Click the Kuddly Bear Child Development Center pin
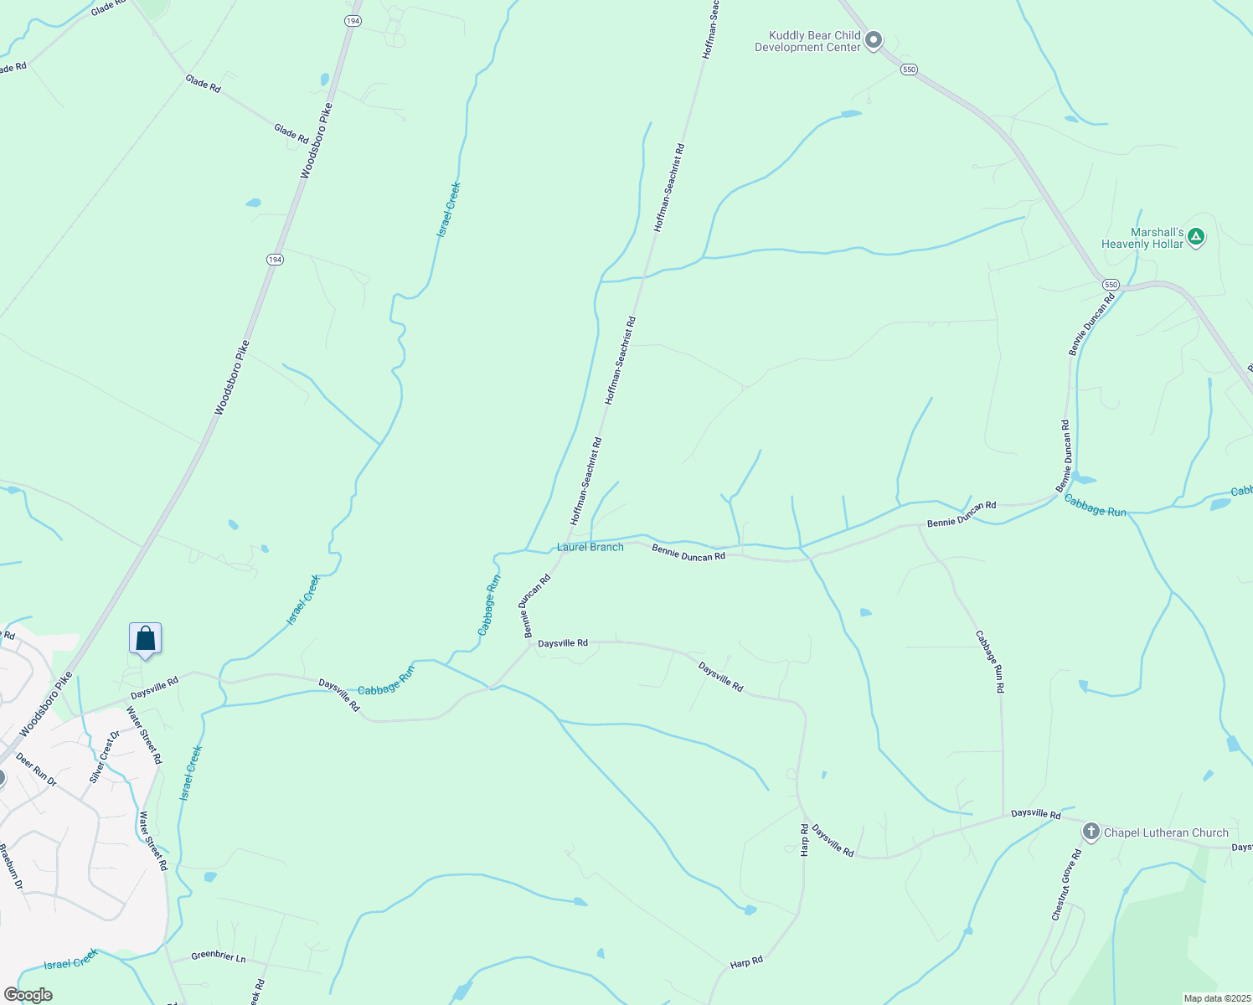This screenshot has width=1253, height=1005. coord(874,40)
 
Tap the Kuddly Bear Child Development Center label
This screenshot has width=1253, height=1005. coord(807,42)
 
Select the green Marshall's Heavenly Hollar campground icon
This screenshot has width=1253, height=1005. coord(1196,238)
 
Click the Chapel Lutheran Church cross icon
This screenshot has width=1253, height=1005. coord(1091,832)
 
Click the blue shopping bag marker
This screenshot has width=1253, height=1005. coord(145,639)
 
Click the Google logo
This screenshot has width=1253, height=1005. coord(28,995)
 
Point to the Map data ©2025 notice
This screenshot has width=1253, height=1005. coord(1217,998)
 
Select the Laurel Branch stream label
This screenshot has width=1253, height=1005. coord(590,547)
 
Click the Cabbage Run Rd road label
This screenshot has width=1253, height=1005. coord(989,662)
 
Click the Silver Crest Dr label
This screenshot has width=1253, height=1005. coord(105,756)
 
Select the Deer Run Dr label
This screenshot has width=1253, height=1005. coord(36,770)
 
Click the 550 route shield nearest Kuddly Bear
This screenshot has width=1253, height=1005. coord(910,70)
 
